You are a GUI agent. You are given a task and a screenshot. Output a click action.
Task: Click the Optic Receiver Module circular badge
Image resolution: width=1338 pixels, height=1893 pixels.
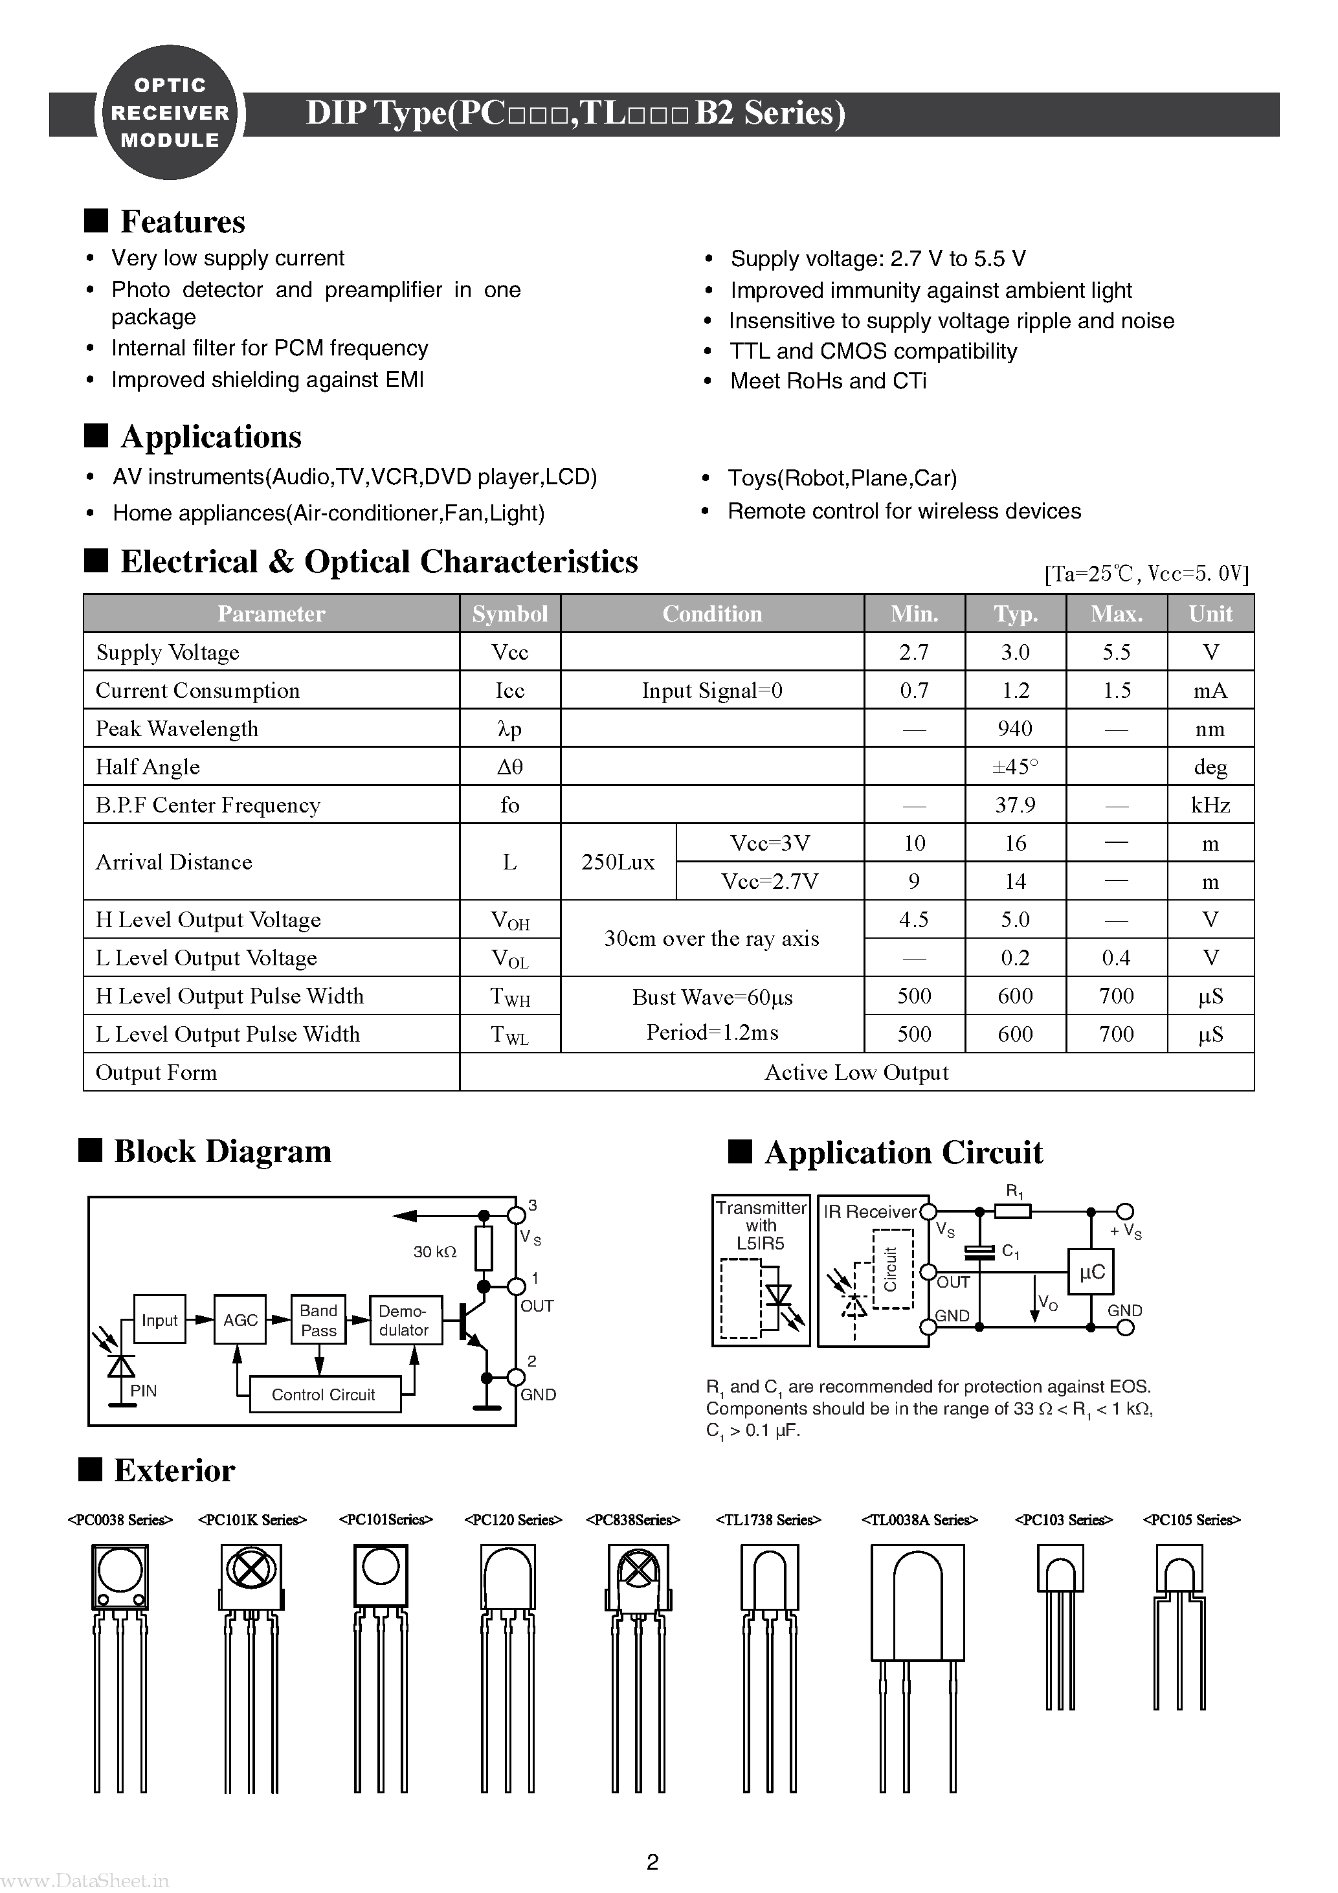coord(170,113)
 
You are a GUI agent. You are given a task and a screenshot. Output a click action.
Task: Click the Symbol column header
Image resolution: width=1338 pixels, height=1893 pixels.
coord(509,613)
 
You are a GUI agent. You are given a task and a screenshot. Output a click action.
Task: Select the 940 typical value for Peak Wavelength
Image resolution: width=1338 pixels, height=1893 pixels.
coord(1015,729)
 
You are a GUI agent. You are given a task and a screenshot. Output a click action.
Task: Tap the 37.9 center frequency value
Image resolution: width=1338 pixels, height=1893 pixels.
coord(1015,805)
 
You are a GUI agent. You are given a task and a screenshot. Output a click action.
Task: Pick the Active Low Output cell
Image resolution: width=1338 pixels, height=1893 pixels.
coord(856,1072)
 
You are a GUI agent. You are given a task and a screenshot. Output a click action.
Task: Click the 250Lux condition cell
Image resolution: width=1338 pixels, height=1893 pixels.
coord(618,862)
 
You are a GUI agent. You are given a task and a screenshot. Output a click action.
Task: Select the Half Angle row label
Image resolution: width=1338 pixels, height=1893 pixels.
coord(148,767)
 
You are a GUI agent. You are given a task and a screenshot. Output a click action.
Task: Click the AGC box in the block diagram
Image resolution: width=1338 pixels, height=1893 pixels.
coord(240,1320)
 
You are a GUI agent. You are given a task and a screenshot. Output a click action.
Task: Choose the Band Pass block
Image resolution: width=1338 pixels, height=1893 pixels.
coord(318,1320)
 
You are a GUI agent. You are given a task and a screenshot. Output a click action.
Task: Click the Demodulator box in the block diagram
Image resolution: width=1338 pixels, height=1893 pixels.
coord(404,1320)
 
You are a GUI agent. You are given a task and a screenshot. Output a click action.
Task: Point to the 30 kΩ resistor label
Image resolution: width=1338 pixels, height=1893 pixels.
coord(434,1251)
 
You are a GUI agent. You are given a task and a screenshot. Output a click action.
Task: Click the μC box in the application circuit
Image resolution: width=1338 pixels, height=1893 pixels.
coord(1091,1272)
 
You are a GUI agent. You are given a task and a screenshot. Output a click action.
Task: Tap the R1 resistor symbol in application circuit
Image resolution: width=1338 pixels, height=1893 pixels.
coord(1013,1211)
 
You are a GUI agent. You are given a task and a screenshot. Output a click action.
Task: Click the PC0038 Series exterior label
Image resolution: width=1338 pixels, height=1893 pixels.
coord(120,1519)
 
